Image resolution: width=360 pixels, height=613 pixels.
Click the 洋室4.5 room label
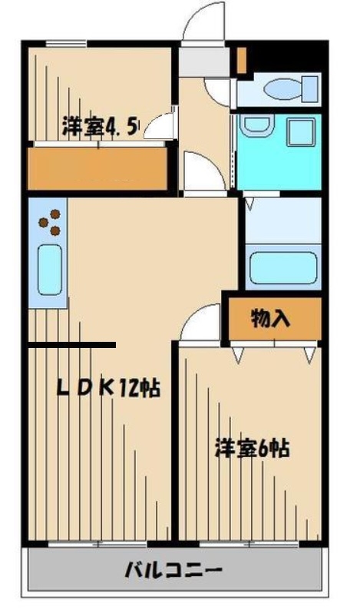click(x=101, y=126)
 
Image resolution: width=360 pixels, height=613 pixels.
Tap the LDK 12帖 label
click(x=107, y=388)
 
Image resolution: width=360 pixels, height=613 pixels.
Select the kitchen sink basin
click(x=49, y=270)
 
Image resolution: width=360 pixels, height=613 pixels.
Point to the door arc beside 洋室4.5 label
click(x=160, y=125)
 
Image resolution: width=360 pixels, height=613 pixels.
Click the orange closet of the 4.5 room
click(x=97, y=167)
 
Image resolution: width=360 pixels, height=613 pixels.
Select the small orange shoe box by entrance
click(x=241, y=60)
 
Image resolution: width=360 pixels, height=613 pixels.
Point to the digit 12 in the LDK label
click(x=130, y=388)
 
